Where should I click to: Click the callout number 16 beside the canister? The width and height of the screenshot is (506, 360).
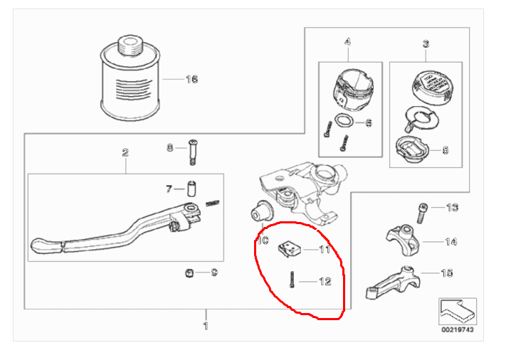coord(190,79)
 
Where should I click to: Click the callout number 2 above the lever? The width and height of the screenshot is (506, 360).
coord(125,152)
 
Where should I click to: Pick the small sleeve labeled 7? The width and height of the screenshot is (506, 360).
coord(191,189)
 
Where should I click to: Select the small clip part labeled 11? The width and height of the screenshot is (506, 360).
coord(289,248)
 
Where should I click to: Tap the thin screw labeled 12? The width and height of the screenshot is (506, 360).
coord(291,281)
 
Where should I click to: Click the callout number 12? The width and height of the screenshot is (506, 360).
coord(325,281)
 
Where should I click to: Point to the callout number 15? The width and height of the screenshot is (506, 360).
coord(448,272)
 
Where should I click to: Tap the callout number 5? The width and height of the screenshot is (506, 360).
coord(446,150)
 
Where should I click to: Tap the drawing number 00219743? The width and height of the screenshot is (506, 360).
coord(454,329)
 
